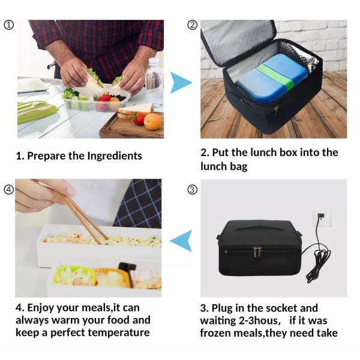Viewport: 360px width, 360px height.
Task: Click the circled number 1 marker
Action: click(x=9, y=25)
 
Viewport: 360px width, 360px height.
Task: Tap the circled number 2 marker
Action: click(x=193, y=25)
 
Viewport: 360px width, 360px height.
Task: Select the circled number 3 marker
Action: click(x=193, y=190)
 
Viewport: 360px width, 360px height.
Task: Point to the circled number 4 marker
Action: click(x=9, y=190)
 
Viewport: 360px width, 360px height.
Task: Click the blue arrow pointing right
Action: click(x=180, y=83)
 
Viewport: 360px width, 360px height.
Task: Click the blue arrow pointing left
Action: click(x=181, y=241)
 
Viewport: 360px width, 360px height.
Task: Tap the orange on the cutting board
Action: click(x=152, y=121)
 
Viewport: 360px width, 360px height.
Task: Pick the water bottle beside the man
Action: click(x=154, y=83)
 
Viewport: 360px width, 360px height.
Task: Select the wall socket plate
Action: click(x=322, y=218)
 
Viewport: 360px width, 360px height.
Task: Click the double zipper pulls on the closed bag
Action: click(x=257, y=252)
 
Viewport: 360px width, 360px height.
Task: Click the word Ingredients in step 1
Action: click(x=115, y=156)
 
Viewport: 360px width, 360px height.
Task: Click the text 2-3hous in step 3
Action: click(x=260, y=320)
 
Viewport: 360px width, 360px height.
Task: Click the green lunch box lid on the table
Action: click(x=36, y=113)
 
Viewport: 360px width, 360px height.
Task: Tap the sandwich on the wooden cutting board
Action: click(x=136, y=110)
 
